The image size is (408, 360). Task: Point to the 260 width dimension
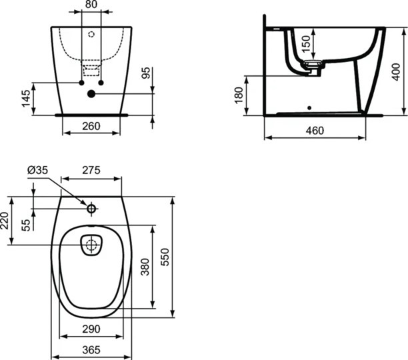pyautogui.click(x=91, y=126)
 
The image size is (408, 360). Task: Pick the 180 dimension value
pyautogui.click(x=239, y=95)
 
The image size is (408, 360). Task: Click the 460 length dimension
pyautogui.click(x=315, y=131)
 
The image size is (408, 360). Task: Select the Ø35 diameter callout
pyautogui.click(x=38, y=171)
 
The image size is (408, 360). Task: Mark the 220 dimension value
pyautogui.click(x=6, y=221)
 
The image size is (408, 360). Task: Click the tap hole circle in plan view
pyautogui.click(x=91, y=208)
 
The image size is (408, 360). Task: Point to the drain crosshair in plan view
pyautogui.click(x=91, y=245)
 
